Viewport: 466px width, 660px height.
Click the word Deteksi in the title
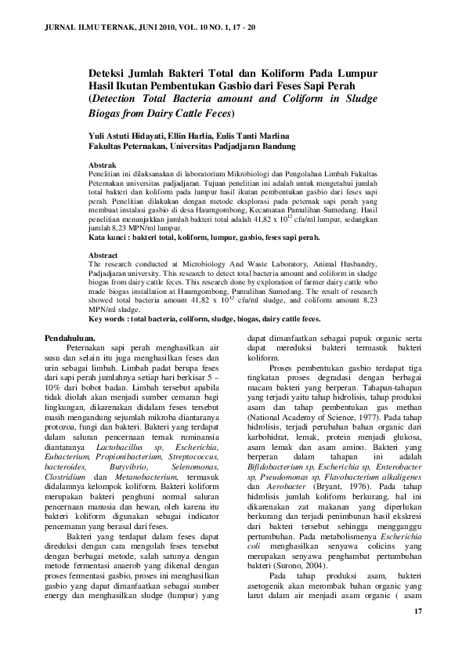tap(111, 71)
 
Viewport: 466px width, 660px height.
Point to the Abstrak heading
tap(103, 166)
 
